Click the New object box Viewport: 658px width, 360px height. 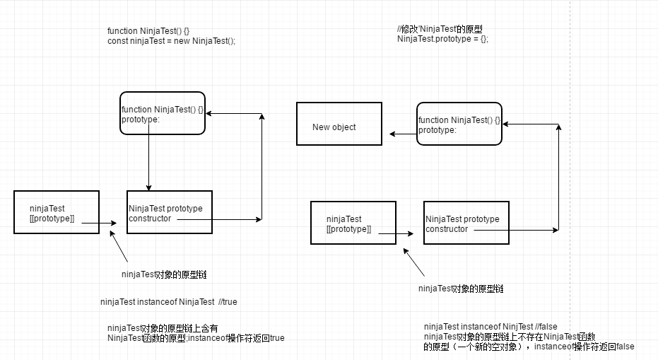coord(339,124)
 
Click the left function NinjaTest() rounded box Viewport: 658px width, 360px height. coord(163,113)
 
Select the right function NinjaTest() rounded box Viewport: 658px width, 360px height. coord(459,124)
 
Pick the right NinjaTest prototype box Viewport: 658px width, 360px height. coord(466,223)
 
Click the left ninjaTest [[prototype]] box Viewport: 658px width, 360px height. coord(57,212)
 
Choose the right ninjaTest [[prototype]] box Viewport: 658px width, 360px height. coord(353,223)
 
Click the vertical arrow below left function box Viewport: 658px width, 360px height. coord(148,163)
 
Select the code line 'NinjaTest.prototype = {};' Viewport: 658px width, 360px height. coord(442,39)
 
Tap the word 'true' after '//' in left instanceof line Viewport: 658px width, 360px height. coord(230,302)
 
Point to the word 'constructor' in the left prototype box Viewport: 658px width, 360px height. coord(150,219)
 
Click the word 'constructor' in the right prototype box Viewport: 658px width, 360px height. coord(447,229)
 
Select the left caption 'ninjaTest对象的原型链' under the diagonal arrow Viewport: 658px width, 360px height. coord(164,274)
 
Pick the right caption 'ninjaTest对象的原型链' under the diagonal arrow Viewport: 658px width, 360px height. coord(461,289)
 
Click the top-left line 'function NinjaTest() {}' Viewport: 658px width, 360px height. coord(148,31)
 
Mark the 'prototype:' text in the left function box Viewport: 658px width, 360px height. coord(141,120)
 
